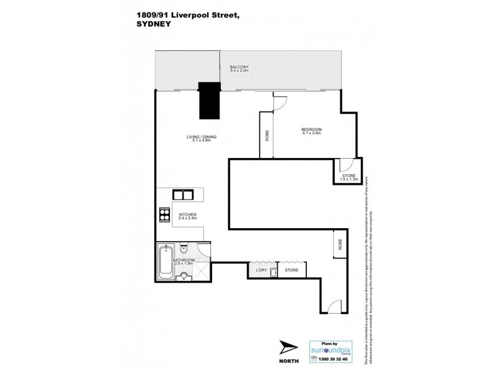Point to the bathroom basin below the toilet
click(184, 275)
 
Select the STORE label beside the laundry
click(291, 270)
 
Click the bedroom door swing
click(279, 103)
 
